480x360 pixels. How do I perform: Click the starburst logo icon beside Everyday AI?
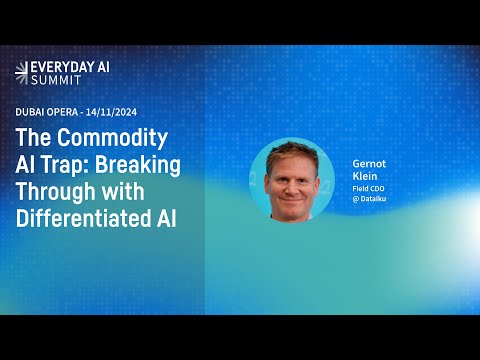(22, 73)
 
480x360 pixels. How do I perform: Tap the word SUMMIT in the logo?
(56, 80)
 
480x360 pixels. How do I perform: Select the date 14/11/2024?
(111, 112)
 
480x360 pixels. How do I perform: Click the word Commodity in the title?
(112, 138)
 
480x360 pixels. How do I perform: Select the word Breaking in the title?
(138, 166)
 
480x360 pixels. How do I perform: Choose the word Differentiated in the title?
(83, 218)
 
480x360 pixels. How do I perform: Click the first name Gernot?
(369, 164)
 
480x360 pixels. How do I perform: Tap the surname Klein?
(365, 176)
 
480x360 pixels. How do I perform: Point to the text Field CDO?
(368, 189)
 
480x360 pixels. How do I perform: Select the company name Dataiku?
(373, 199)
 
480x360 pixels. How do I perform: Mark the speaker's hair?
(292, 154)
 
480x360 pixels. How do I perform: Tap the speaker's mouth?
(292, 201)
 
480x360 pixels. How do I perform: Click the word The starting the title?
(33, 138)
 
